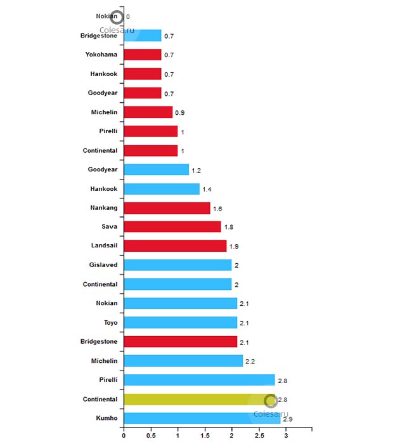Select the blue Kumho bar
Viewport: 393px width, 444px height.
point(202,418)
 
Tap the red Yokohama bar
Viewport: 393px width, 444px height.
point(143,55)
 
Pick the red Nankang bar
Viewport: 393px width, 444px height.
point(167,207)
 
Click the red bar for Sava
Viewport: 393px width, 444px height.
point(172,226)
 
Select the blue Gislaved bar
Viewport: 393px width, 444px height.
point(177,264)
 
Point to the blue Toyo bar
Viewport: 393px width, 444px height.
point(180,322)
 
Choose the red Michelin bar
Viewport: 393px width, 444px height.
point(148,112)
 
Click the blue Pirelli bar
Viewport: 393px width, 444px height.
point(199,380)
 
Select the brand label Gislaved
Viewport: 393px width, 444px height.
point(103,264)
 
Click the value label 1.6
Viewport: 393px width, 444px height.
point(218,209)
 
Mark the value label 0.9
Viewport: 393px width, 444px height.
point(179,113)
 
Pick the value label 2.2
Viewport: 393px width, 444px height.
point(250,362)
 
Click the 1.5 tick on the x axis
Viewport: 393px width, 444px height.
point(205,436)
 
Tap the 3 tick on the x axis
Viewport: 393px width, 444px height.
point(286,436)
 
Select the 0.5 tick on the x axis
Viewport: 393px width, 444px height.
point(151,436)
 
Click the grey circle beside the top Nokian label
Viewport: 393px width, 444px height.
point(116,16)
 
